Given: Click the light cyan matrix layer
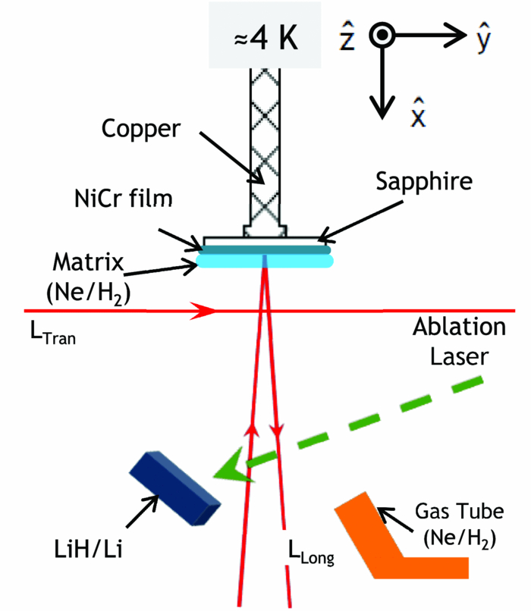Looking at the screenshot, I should pos(265,261).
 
